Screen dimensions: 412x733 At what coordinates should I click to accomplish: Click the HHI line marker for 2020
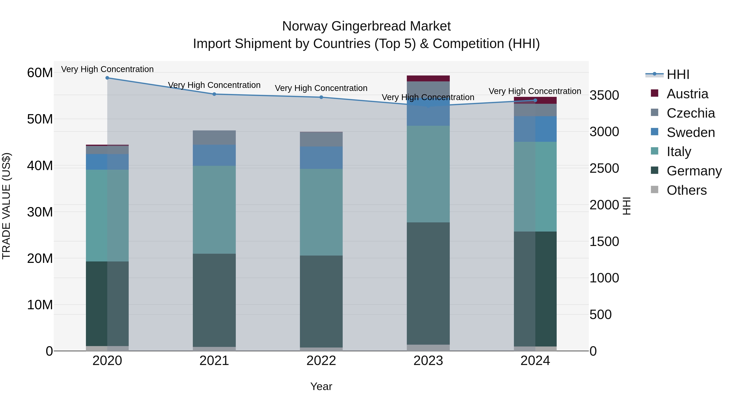pos(107,78)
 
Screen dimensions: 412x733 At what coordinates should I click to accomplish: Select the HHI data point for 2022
pos(321,97)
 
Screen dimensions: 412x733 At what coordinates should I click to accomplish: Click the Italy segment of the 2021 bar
pos(214,210)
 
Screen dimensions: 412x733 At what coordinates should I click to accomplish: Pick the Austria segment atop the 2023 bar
pos(428,79)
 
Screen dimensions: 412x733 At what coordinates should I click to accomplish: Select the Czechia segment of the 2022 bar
pos(321,139)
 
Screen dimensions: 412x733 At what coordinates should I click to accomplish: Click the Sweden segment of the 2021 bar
pos(214,155)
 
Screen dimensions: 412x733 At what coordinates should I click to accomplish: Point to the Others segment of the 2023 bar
pos(428,348)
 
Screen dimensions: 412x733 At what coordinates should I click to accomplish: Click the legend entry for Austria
pos(687,94)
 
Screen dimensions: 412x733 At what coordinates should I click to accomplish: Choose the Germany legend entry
pos(694,171)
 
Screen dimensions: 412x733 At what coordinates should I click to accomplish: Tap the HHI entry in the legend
pos(678,74)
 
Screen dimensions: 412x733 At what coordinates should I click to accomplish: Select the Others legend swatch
pos(654,190)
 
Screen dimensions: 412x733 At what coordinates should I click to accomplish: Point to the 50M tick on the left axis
pos(40,119)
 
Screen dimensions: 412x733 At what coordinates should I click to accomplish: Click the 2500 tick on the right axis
pos(604,168)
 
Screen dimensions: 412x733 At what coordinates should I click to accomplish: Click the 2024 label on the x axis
pos(535,361)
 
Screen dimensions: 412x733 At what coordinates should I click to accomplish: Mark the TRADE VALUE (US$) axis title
pos(6,206)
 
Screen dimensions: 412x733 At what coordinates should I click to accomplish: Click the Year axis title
pos(321,386)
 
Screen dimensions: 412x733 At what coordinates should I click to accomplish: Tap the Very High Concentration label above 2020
pos(107,69)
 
